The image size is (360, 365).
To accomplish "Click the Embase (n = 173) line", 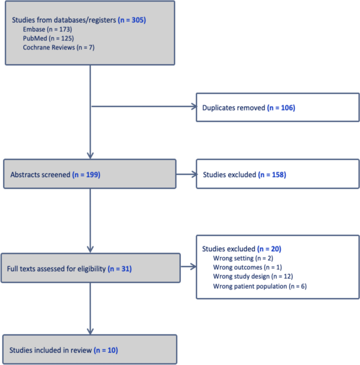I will pos(47,29).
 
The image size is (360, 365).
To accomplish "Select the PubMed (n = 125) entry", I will pos(48,38).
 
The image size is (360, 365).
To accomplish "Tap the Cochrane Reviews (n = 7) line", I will pos(58,47).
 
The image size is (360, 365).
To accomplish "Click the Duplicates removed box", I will pos(277,107).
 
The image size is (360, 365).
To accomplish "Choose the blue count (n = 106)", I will pos(281,107).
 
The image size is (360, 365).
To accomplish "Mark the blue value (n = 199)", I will pos(86,173).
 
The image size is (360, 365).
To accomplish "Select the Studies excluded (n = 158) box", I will pos(277,173).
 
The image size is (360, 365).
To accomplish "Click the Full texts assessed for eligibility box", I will pos(90,269).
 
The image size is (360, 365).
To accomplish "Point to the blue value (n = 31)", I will pos(119,269).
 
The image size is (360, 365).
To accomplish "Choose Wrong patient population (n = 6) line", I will pos(260,286).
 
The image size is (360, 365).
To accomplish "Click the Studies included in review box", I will pos(89,350).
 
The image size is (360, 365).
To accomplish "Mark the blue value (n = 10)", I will pos(108,350).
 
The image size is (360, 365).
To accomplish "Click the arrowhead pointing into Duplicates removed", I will pos(192,107).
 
